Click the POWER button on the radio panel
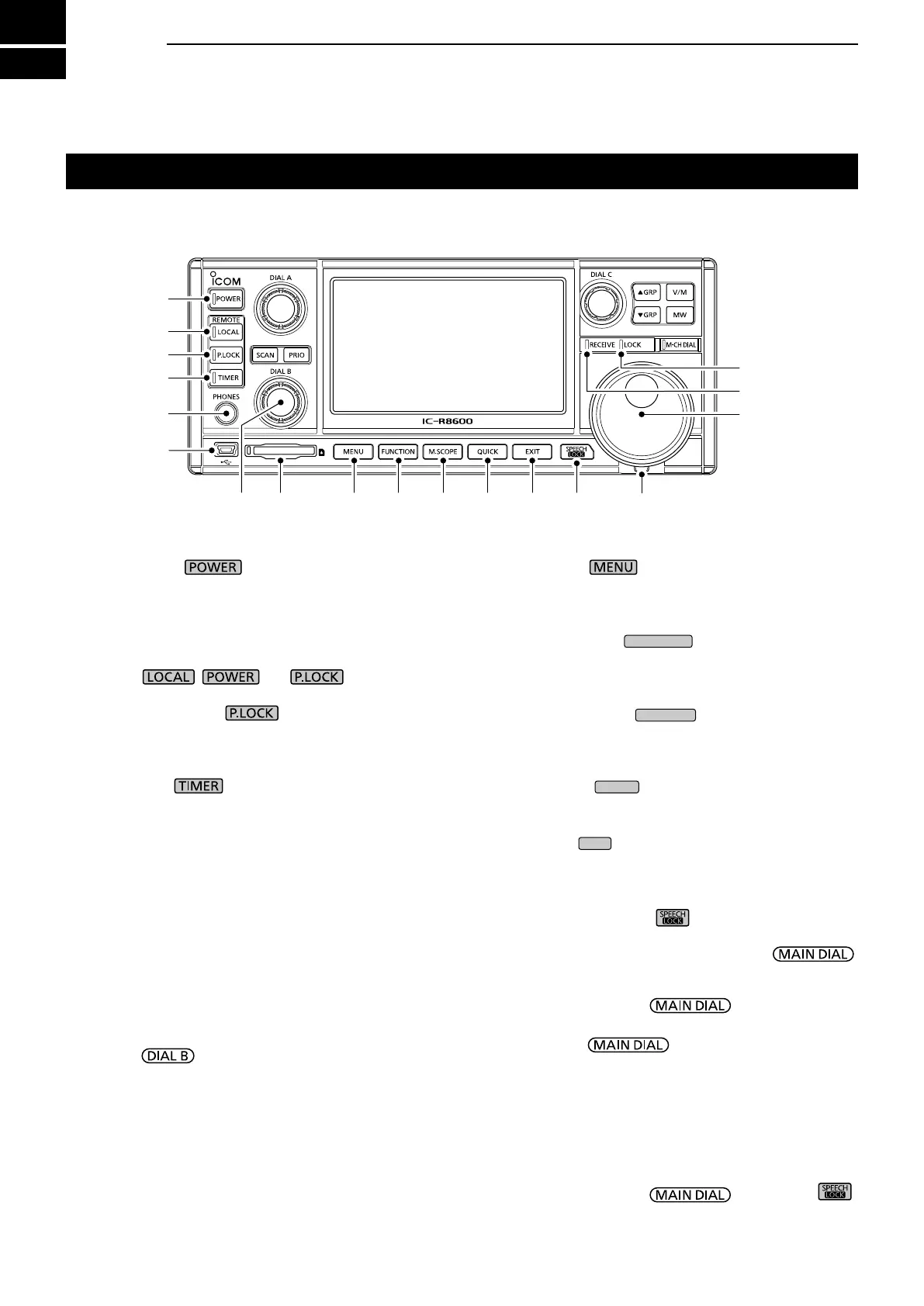pyautogui.click(x=227, y=299)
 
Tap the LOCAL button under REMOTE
pyautogui.click(x=227, y=332)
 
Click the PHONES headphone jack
pyautogui.click(x=226, y=413)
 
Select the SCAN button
pyautogui.click(x=266, y=355)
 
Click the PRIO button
pyautogui.click(x=296, y=355)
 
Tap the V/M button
pyautogui.click(x=680, y=292)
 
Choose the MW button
pyautogui.click(x=680, y=316)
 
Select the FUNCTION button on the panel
pyautogui.click(x=398, y=451)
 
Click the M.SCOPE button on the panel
pyautogui.click(x=443, y=451)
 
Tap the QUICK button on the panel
pyautogui.click(x=488, y=451)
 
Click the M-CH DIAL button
pyautogui.click(x=680, y=345)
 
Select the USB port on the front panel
pyautogui.click(x=227, y=450)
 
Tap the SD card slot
pyautogui.click(x=280, y=451)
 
